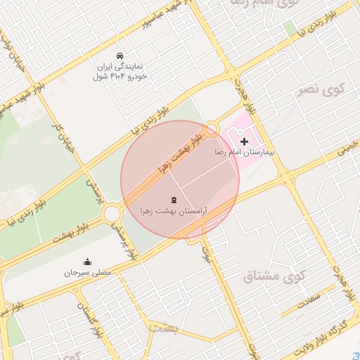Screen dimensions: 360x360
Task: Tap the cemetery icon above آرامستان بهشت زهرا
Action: click(174, 200)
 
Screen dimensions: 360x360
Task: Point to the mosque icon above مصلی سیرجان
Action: click(87, 262)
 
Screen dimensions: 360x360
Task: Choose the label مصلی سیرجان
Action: click(87, 272)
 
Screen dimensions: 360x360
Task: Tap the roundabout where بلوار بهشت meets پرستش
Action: click(112, 213)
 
